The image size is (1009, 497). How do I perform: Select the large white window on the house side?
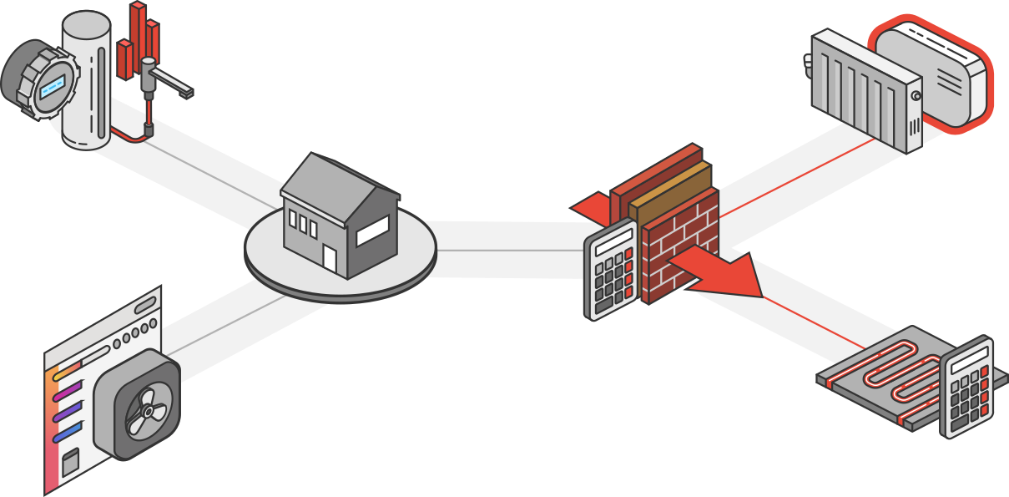(371, 231)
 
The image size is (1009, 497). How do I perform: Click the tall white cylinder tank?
(86, 84)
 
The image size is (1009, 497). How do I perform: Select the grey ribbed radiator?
(864, 92)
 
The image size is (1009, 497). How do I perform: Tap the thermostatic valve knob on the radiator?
(808, 61)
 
